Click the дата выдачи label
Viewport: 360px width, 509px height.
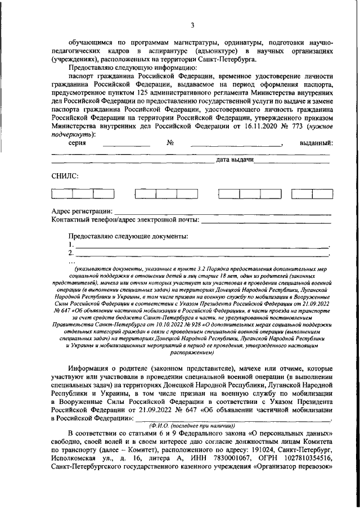pos(233,160)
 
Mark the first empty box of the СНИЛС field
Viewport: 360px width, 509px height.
pos(62,194)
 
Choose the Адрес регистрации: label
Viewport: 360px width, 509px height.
pos(82,211)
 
